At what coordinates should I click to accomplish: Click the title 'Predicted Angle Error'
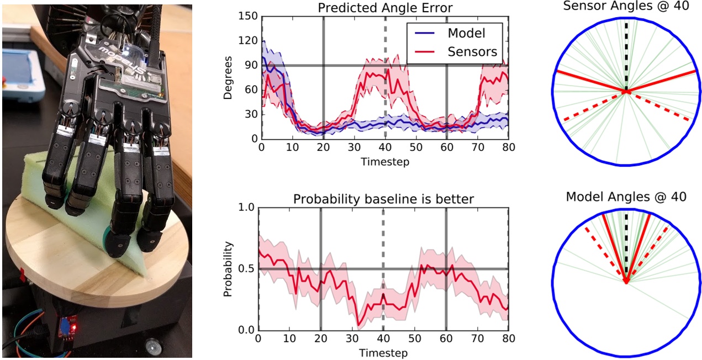(384, 7)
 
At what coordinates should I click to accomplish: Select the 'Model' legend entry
(466, 33)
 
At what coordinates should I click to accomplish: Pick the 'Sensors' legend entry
(472, 52)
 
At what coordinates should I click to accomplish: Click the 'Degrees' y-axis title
(228, 77)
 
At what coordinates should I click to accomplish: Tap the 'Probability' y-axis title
(228, 269)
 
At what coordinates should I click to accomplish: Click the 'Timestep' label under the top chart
(384, 162)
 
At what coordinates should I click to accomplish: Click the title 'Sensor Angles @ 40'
(626, 7)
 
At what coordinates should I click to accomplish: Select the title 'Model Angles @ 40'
(626, 197)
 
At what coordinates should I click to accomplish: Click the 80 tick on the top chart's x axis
(508, 149)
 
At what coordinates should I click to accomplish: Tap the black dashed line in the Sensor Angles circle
(626, 55)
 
